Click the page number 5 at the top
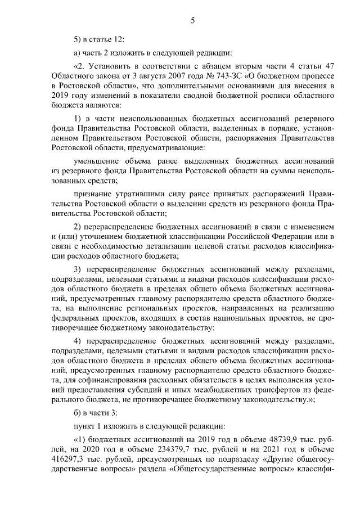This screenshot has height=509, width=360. pyautogui.click(x=192, y=21)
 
